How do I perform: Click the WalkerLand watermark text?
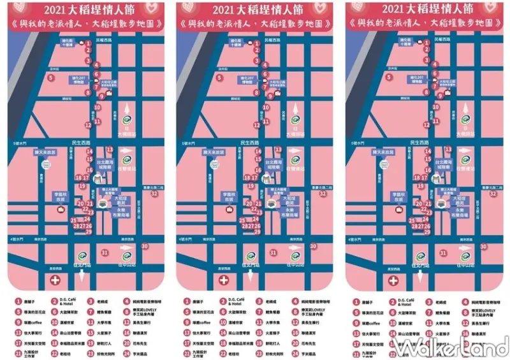click(x=449, y=347)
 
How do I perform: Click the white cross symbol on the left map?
click(x=56, y=280)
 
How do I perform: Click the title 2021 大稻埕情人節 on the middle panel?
click(x=254, y=9)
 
